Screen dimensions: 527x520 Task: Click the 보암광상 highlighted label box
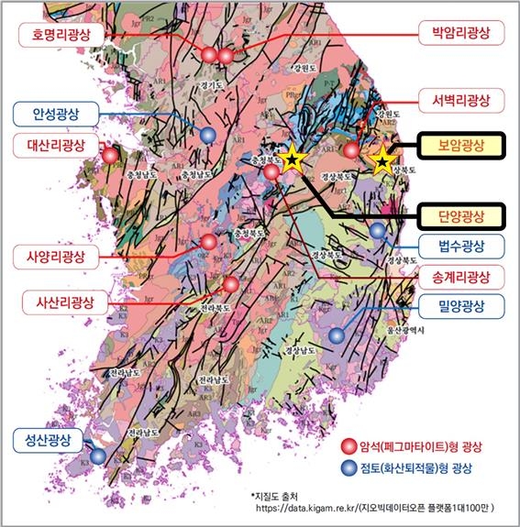point(460,145)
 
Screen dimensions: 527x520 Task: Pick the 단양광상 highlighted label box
point(460,216)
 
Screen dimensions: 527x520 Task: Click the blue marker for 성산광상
point(97,456)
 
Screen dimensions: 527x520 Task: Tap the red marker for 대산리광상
point(111,156)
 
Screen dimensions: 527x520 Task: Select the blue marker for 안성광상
point(209,135)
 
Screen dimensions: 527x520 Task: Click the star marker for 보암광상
point(382,162)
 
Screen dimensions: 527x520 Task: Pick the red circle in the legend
point(348,446)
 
